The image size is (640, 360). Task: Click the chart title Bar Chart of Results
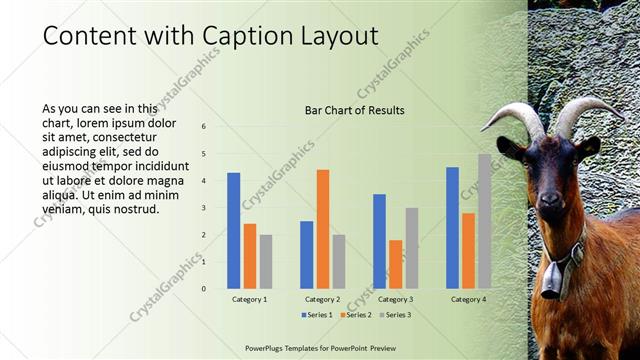[354, 110]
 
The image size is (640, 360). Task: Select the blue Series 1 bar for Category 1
[233, 230]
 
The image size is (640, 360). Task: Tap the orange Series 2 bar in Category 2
[323, 229]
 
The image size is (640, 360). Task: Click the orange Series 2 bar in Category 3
[395, 264]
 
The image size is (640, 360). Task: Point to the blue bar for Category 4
[452, 227]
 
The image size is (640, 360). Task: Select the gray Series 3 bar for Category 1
[265, 261]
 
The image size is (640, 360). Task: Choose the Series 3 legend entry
[396, 315]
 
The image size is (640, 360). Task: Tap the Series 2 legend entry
[358, 315]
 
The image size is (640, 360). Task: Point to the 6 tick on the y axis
[203, 127]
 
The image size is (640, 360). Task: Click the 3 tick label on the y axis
[203, 208]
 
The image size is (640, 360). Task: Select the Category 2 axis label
[322, 299]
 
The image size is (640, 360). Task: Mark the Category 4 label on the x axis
[468, 299]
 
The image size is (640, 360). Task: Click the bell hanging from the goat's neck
[551, 283]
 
